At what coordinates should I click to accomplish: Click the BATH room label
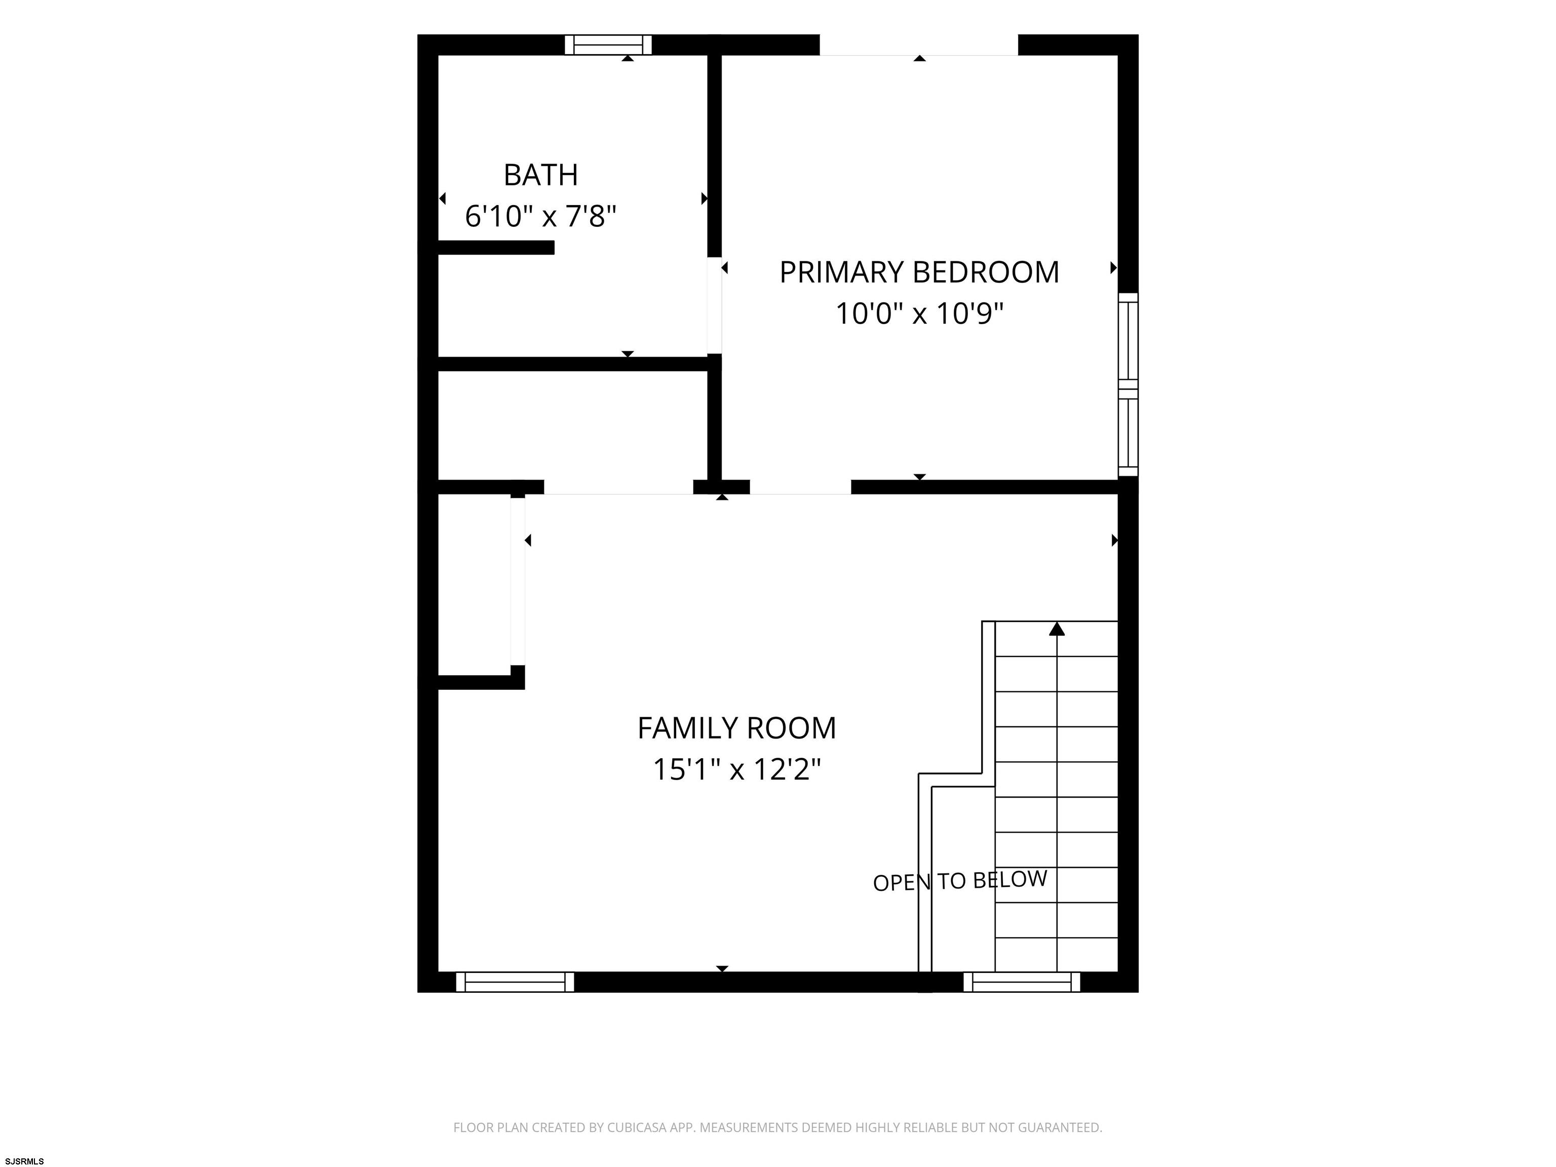(541, 174)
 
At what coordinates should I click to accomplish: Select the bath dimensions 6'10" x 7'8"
(541, 216)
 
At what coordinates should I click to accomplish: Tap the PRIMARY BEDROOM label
(919, 272)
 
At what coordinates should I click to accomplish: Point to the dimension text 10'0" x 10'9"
(919, 313)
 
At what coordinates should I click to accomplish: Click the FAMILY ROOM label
(736, 728)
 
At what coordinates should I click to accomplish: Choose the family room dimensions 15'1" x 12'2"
(736, 769)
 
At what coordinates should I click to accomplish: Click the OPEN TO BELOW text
(960, 881)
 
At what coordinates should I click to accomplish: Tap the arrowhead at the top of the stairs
(1057, 629)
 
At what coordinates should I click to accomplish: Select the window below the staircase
(1022, 982)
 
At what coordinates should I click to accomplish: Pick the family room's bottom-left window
(515, 982)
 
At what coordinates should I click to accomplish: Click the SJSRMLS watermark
(25, 1161)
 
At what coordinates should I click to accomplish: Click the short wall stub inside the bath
(496, 248)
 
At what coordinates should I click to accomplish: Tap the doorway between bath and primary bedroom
(714, 305)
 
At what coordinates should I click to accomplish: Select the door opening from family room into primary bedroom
(800, 487)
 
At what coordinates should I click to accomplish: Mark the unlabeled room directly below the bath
(572, 425)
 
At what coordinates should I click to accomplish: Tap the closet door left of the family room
(518, 581)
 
